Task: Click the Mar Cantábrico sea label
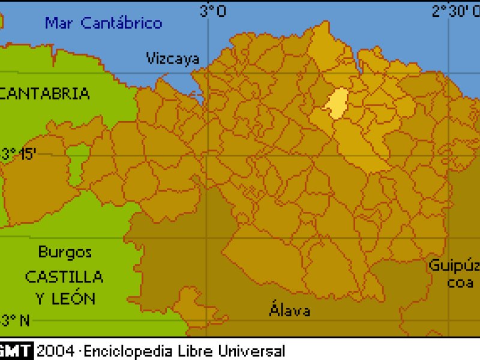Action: tap(104, 23)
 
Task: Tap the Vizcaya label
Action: tap(173, 58)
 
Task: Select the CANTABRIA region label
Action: tap(45, 94)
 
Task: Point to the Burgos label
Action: tap(65, 252)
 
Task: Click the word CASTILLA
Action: tap(64, 277)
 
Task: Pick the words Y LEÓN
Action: tap(64, 298)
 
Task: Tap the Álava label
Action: tap(290, 310)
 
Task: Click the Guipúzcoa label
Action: tap(454, 274)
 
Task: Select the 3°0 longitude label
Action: tap(213, 10)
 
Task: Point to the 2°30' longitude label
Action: tap(455, 10)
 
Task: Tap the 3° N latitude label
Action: tap(16, 320)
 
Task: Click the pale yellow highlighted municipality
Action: tap(338, 103)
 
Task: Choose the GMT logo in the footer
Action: tap(16, 350)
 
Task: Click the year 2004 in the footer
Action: tap(55, 350)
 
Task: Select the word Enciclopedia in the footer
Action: tap(124, 350)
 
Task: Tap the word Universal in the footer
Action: tap(251, 350)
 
